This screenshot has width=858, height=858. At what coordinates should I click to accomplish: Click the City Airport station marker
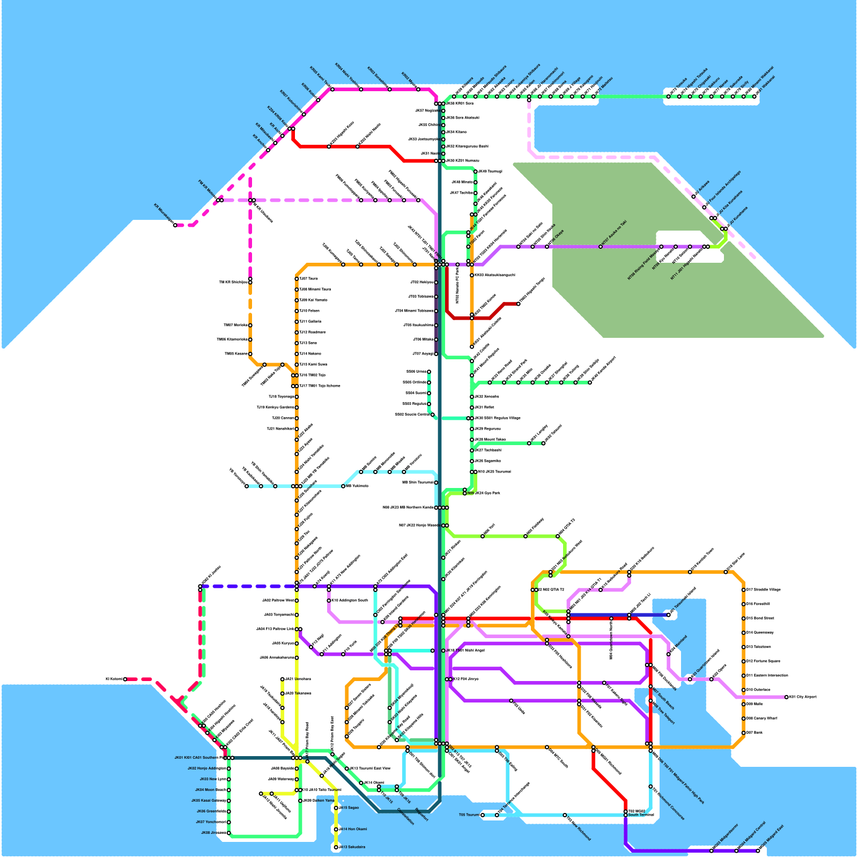[787, 697]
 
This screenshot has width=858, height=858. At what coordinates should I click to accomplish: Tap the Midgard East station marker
[758, 850]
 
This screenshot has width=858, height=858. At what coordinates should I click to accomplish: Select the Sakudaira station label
[353, 847]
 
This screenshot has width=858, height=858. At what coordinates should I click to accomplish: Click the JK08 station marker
[229, 833]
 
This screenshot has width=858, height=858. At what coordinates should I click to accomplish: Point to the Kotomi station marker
[125, 679]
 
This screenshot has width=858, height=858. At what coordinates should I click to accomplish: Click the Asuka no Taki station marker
[601, 247]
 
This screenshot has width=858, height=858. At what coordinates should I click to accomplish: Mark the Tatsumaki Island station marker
[669, 615]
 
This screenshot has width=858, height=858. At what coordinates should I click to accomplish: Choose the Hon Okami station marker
[336, 830]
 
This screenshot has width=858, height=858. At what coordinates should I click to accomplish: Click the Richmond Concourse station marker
[650, 787]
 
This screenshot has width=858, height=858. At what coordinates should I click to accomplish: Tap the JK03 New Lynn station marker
[229, 779]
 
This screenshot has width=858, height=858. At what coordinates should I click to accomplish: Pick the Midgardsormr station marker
[712, 850]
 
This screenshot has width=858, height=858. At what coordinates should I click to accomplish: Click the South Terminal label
[641, 815]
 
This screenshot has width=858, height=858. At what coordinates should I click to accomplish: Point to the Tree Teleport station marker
[650, 701]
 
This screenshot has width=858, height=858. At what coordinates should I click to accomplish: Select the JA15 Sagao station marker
[336, 808]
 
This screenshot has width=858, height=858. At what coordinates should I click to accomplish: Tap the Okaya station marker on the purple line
[547, 247]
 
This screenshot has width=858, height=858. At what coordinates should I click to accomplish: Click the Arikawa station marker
[693, 197]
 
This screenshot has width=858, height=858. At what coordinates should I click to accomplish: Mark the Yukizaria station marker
[343, 486]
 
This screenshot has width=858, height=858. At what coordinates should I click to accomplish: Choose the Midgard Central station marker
[736, 850]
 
